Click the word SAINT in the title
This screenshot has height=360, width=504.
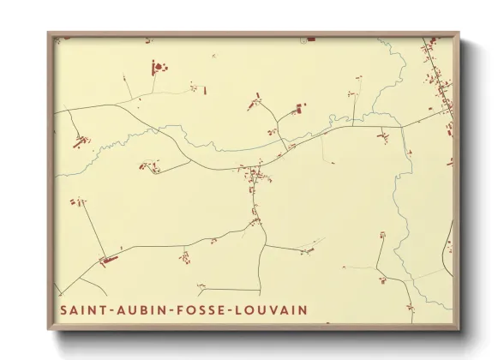point(81,309)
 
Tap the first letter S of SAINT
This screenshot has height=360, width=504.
point(63,309)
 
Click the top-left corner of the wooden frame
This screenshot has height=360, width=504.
point(49,33)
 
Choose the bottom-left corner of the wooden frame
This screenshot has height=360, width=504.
point(49,330)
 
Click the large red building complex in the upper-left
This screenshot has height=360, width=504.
point(157,67)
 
